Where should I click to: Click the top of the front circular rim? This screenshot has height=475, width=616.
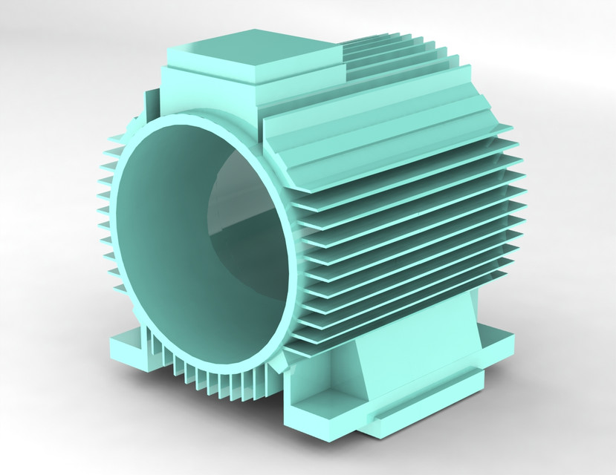[x=186, y=119]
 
